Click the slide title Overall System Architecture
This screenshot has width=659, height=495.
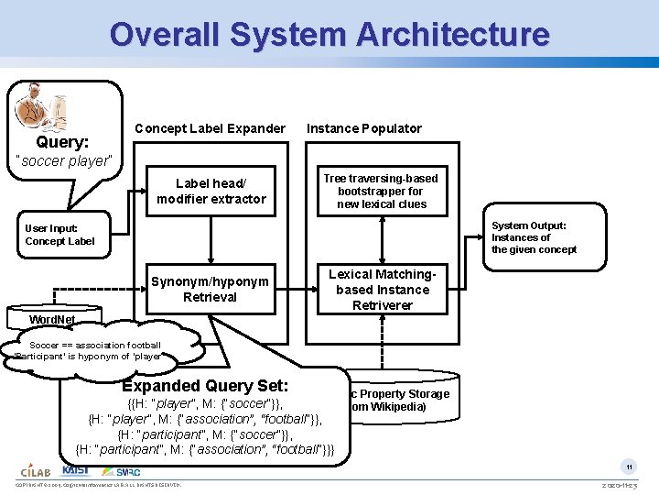tap(329, 35)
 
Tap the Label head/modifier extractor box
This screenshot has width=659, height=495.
tap(211, 192)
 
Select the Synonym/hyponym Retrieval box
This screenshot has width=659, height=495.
tap(211, 290)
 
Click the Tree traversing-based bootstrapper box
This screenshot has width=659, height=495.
tap(382, 192)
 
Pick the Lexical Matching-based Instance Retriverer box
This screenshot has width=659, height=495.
tap(383, 290)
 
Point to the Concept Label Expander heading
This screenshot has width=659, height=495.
tap(210, 128)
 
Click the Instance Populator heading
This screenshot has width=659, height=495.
tap(364, 128)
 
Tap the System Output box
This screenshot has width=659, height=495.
tap(534, 237)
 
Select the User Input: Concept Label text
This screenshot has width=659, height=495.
tap(59, 235)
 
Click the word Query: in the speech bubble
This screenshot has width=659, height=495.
tap(62, 143)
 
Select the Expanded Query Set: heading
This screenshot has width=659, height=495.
tap(205, 386)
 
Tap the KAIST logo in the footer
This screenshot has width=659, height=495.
tap(76, 469)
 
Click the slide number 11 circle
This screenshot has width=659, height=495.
tap(630, 467)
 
